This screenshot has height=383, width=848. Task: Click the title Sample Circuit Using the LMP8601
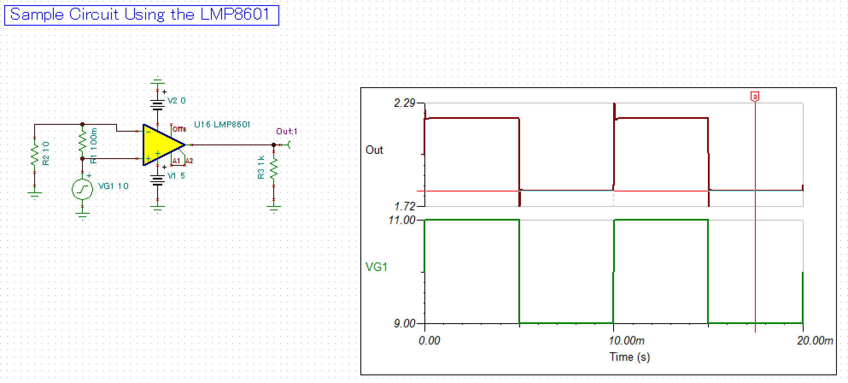tap(141, 15)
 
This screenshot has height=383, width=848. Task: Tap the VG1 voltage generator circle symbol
tap(82, 189)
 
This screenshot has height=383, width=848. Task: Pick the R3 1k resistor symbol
tap(274, 168)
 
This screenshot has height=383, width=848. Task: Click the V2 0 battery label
tap(176, 101)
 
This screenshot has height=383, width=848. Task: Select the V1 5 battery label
tap(176, 176)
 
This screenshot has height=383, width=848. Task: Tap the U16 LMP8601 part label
tap(222, 124)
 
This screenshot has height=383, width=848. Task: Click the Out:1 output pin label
tap(287, 131)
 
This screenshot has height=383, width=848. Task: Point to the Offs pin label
tap(179, 129)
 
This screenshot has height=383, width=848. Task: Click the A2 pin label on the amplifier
tap(189, 161)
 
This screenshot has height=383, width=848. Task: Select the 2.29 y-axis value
tap(404, 103)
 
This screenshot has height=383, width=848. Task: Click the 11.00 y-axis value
tap(402, 220)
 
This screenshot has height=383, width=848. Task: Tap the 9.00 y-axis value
tap(404, 323)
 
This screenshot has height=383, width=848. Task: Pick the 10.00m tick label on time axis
tap(626, 341)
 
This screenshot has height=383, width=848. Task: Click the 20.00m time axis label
tap(815, 341)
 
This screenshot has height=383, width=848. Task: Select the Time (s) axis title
tap(629, 357)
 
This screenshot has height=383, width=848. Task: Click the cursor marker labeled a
tap(755, 97)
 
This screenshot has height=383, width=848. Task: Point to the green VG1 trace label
tap(376, 267)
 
